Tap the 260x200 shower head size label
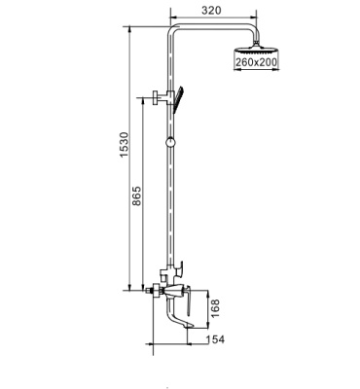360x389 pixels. (255, 61)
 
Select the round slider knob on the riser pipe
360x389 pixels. (171, 142)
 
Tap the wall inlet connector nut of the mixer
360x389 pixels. (151, 290)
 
